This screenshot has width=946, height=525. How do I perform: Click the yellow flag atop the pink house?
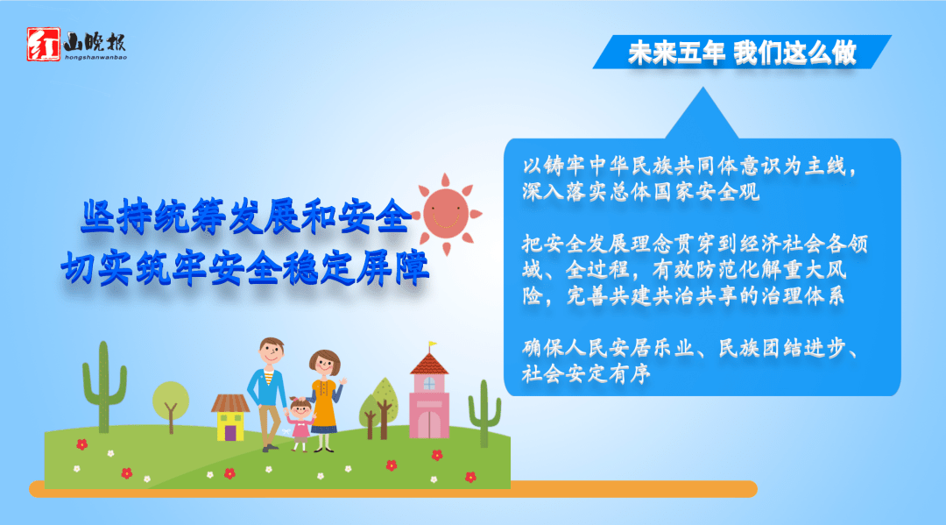[432, 344]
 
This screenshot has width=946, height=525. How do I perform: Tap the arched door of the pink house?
[428, 423]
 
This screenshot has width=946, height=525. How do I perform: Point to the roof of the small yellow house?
[230, 403]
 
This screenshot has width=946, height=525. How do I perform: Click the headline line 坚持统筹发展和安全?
[245, 218]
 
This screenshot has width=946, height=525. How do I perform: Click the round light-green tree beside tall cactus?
[171, 400]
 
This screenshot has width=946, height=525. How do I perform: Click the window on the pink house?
[428, 384]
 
